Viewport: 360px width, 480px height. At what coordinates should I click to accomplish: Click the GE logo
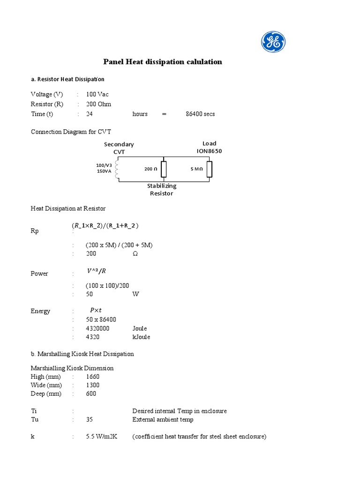tap(273, 42)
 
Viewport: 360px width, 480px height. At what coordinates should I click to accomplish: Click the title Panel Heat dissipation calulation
tap(162, 62)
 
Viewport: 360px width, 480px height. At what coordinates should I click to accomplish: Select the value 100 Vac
tap(97, 94)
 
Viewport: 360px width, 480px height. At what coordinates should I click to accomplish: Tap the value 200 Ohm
tap(98, 104)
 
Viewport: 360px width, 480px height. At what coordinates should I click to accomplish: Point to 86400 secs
tap(200, 114)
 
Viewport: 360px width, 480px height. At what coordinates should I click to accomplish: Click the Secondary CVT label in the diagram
tap(119, 148)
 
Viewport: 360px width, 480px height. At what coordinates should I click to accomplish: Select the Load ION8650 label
tap(210, 147)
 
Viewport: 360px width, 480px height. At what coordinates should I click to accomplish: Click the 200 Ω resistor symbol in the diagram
tap(163, 169)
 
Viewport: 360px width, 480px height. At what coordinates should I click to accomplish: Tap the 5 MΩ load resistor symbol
tap(210, 169)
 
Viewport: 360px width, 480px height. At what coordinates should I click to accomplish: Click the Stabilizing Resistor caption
tap(162, 189)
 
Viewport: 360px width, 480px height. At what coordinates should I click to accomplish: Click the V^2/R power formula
tap(96, 270)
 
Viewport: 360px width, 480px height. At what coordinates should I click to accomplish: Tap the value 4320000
tap(97, 329)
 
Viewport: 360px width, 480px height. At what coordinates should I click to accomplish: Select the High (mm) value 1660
tap(92, 377)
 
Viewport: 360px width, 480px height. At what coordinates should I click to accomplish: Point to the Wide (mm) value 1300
tap(92, 385)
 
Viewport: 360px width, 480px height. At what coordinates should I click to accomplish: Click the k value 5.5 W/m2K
tap(102, 437)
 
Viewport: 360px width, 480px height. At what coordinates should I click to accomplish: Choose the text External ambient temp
tap(163, 420)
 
